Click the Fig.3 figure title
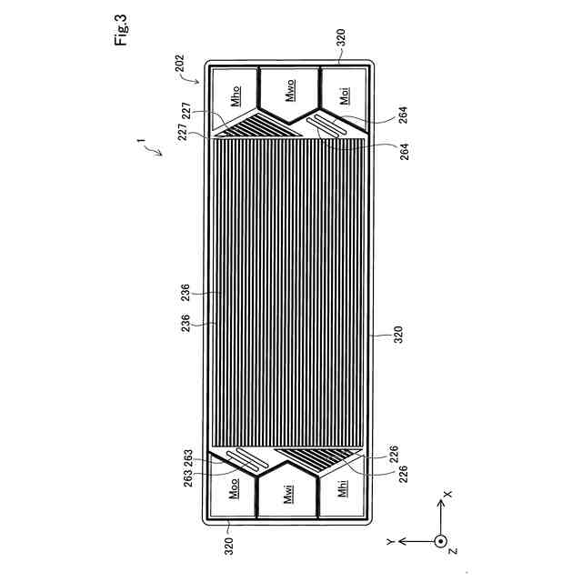click(121, 30)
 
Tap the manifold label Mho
click(236, 95)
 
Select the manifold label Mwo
click(291, 90)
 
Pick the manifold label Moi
click(345, 95)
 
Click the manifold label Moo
click(234, 488)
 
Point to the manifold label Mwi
click(289, 494)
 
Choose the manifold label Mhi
click(343, 487)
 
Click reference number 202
click(180, 63)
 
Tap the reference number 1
click(141, 141)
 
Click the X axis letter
click(448, 495)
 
